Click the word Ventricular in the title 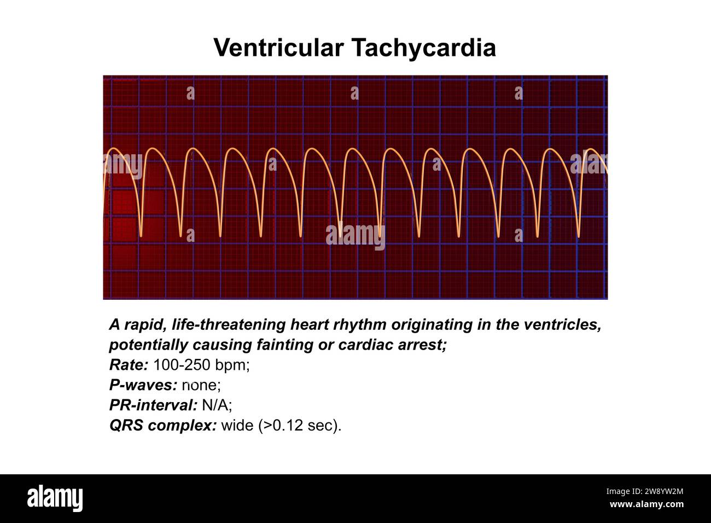[x=278, y=48]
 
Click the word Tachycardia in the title [x=423, y=48]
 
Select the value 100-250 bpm [x=201, y=365]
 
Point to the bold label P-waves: [x=143, y=385]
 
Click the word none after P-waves [x=201, y=385]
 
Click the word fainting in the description [x=290, y=345]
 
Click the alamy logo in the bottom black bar [x=55, y=498]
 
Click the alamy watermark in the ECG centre [x=355, y=236]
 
